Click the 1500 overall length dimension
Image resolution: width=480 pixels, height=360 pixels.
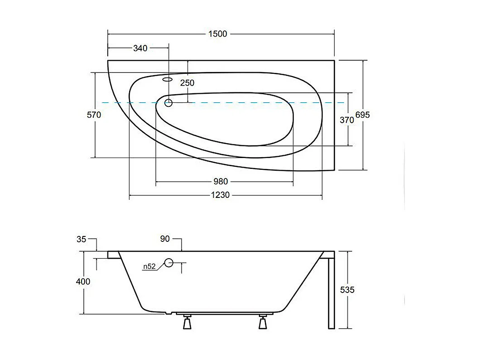click(218, 34)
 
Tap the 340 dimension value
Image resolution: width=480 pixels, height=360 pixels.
click(140, 48)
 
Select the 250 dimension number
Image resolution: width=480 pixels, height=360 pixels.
click(187, 83)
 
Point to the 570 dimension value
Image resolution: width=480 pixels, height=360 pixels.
click(94, 115)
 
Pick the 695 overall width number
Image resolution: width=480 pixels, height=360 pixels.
click(362, 115)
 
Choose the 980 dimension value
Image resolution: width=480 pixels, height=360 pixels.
click(220, 182)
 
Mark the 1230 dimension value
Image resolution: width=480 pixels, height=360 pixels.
click(221, 195)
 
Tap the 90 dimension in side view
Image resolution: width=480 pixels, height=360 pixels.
click(165, 239)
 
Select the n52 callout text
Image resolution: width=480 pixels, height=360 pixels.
click(149, 267)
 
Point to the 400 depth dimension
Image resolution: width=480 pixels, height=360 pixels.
click(83, 281)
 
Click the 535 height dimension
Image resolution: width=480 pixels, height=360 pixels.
click(347, 290)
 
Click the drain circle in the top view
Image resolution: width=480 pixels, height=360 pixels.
click(168, 103)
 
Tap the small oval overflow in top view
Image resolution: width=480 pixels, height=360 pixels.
click(167, 79)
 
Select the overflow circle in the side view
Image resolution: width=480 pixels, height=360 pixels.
click(169, 262)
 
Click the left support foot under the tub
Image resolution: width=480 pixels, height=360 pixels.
click(187, 322)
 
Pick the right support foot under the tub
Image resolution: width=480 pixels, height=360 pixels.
click(262, 322)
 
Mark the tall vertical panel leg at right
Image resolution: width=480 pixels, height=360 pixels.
click(331, 292)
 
